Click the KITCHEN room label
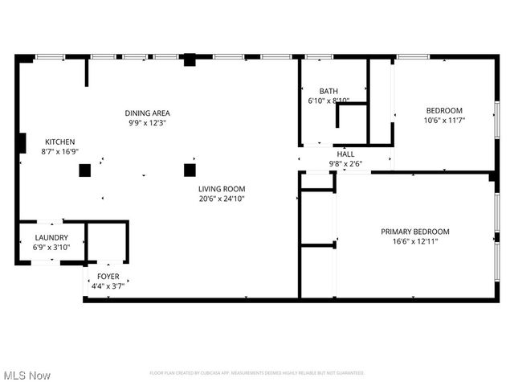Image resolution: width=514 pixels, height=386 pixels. (x=59, y=142)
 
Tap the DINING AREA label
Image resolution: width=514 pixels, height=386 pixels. (x=147, y=113)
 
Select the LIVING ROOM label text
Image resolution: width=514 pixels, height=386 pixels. (x=222, y=189)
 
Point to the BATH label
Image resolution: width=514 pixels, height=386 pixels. (x=328, y=92)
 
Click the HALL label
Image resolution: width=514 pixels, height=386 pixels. (x=345, y=154)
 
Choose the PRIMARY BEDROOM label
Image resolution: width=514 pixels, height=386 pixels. (x=414, y=232)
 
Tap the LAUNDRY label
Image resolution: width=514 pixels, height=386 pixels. (x=51, y=238)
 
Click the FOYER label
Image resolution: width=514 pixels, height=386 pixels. (x=108, y=276)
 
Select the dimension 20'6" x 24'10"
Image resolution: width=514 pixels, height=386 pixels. (x=222, y=199)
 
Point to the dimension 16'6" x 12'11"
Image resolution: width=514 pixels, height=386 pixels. (x=414, y=241)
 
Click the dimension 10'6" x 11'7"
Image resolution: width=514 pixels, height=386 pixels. (x=444, y=120)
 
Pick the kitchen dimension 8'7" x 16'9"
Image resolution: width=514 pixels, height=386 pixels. (x=59, y=151)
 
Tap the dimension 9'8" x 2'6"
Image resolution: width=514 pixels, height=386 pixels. (x=345, y=164)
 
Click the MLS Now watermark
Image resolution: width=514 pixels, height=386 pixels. (x=27, y=376)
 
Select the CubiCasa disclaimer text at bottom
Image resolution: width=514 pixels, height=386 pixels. (x=257, y=373)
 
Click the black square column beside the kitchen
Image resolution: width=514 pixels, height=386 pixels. (x=84, y=170)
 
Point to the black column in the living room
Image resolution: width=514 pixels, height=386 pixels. (x=190, y=170)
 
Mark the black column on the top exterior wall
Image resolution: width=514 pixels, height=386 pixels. (x=190, y=59)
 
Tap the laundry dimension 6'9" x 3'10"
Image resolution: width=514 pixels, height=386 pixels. (x=51, y=248)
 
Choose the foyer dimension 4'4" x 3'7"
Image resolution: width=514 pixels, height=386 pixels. (x=108, y=285)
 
